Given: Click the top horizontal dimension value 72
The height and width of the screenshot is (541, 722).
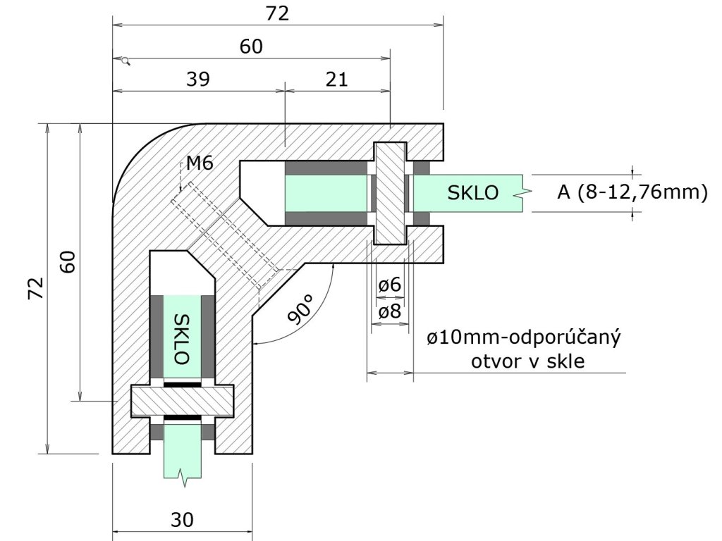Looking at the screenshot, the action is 279,13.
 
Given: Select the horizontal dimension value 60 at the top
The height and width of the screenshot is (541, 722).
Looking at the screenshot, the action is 251,46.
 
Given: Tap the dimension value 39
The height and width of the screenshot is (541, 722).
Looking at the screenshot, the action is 198,79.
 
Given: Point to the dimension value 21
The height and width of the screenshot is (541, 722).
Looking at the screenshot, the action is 337,79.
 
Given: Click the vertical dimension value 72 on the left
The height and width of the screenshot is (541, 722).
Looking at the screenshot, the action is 36,288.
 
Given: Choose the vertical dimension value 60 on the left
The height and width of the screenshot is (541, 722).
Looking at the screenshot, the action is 68,261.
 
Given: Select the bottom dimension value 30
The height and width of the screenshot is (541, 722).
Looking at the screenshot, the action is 182,520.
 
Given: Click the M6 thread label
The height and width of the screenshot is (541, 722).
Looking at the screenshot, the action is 200,164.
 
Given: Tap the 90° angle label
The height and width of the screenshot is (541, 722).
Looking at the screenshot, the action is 302,309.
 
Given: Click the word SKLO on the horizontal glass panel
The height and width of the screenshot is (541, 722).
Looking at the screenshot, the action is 472,192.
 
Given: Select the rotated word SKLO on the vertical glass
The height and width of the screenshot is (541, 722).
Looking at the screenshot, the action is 182,338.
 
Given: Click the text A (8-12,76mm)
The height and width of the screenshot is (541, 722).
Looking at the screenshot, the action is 632,192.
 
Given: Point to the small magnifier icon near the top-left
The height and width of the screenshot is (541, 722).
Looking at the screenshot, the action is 126,61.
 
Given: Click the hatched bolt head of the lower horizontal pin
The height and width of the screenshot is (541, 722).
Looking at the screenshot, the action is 183,401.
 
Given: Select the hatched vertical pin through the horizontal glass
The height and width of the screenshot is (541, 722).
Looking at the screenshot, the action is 390,192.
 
